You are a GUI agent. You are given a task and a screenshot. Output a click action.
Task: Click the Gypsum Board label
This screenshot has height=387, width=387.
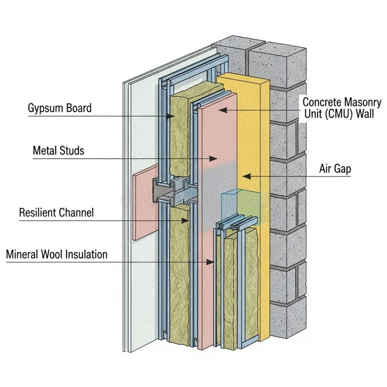click(x=60, y=108)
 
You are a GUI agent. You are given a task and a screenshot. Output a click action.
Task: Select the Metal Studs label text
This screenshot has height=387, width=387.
click(x=59, y=150)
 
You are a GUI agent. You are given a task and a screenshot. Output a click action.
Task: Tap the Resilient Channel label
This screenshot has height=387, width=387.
click(x=57, y=212)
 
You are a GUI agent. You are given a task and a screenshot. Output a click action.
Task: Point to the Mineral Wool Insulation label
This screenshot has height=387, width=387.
click(x=57, y=254)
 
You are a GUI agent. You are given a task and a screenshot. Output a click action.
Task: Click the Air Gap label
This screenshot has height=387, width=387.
click(x=335, y=169)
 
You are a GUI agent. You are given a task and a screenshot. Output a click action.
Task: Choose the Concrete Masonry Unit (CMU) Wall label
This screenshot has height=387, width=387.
click(x=342, y=108)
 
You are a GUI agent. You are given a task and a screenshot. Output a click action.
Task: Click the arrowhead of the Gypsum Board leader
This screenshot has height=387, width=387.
click(x=170, y=116)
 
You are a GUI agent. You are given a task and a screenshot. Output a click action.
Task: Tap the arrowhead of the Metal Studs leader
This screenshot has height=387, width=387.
click(x=213, y=159)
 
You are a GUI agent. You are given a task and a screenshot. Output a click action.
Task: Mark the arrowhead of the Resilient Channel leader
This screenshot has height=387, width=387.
click(x=185, y=221)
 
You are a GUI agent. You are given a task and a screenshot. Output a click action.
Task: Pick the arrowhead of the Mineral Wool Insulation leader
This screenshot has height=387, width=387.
click(x=210, y=262)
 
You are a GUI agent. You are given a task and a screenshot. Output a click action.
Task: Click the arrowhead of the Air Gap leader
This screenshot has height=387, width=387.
click(x=247, y=176)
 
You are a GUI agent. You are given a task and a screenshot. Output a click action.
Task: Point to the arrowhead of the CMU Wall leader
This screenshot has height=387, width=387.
click(x=223, y=110)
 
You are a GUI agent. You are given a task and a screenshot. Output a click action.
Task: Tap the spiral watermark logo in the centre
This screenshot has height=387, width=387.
click(x=223, y=186)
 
